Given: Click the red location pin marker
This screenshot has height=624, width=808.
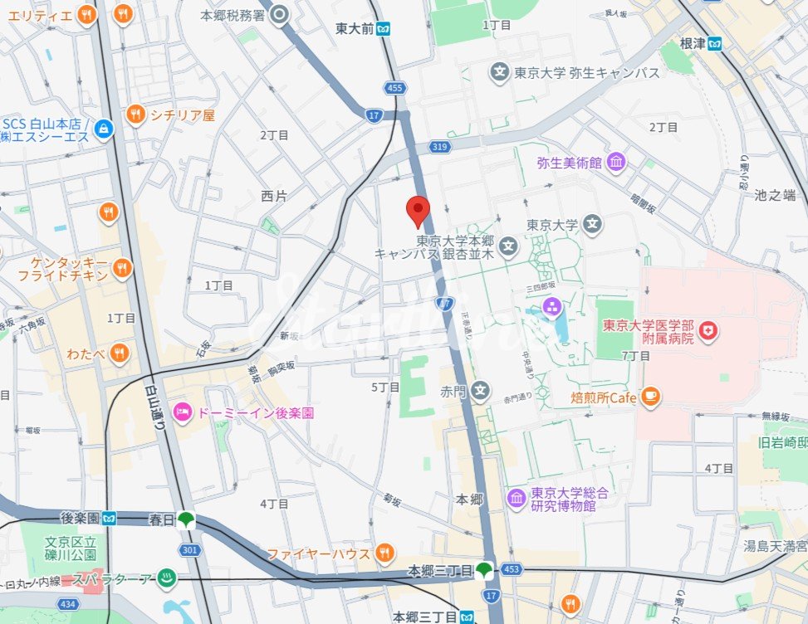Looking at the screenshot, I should (x=418, y=211).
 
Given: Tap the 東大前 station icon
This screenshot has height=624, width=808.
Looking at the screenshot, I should (x=382, y=29).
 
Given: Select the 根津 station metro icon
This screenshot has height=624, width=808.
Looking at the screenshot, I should (x=715, y=44).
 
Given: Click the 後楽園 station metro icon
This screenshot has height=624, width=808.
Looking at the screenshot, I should (x=110, y=519).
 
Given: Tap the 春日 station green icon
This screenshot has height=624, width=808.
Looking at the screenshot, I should (x=185, y=519).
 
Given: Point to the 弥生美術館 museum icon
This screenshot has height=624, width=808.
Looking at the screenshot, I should (x=615, y=163).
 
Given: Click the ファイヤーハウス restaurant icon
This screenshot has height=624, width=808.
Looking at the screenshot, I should (x=384, y=553).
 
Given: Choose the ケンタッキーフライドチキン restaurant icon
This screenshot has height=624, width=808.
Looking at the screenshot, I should (x=122, y=267).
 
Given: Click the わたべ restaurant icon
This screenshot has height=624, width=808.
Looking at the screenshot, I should (x=120, y=354).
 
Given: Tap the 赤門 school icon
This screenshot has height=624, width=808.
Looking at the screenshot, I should (x=481, y=390).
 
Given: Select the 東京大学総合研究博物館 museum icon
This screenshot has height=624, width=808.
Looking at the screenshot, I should (x=517, y=499).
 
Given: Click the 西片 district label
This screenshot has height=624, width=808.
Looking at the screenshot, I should (x=273, y=197).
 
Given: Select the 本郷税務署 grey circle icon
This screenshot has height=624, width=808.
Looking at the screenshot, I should (x=280, y=14).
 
